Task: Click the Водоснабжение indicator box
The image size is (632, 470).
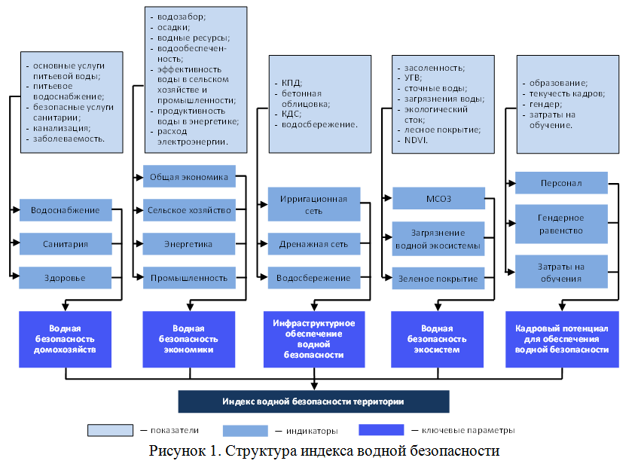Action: coord(66,210)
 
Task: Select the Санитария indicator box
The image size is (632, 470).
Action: coord(66,244)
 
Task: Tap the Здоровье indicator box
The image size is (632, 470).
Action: coord(66,278)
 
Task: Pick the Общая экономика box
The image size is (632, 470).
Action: coord(189,177)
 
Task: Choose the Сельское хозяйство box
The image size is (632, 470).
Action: coord(189,210)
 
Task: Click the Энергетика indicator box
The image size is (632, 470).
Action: coord(189,244)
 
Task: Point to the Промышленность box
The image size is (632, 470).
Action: coord(189,278)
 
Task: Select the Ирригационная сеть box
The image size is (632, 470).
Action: coord(313,205)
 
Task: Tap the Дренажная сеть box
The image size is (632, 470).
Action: coord(313,244)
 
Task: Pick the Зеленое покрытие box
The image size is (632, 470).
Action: coord(438,279)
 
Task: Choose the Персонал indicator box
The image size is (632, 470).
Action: coord(561,184)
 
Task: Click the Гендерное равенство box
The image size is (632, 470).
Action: coord(561,224)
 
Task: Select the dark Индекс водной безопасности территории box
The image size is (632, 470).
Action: coord(313,401)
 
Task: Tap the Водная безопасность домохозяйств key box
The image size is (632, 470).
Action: coord(66,339)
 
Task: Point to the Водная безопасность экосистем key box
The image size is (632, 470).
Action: coord(438,339)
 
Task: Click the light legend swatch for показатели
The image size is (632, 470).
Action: coord(111,430)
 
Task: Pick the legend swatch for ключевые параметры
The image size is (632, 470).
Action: coord(381,430)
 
